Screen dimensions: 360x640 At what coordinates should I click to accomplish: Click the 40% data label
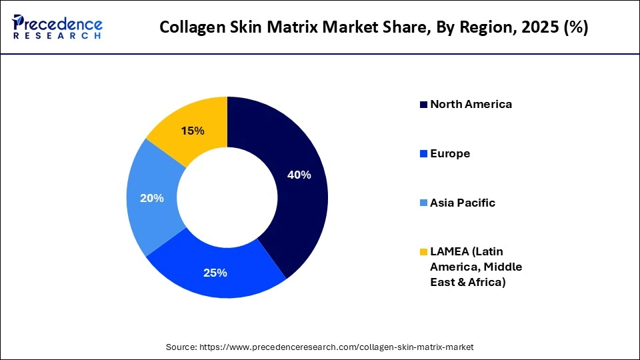tap(299, 175)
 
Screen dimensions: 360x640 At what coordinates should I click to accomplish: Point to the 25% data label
tap(215, 273)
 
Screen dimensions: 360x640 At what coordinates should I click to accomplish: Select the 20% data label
tap(152, 198)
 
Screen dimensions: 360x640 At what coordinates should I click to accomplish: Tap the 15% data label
tap(193, 131)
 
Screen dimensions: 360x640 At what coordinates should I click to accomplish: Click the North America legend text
tap(471, 104)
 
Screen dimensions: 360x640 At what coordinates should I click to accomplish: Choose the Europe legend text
tap(450, 153)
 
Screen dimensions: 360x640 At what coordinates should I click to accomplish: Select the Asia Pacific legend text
tap(463, 203)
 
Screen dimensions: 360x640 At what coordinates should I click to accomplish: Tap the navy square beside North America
tap(423, 105)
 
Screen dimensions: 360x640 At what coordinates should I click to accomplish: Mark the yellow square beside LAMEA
tap(423, 253)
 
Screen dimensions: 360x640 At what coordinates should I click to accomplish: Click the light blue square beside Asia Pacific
tap(423, 203)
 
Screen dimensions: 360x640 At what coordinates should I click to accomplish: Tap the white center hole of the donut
tap(227, 197)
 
